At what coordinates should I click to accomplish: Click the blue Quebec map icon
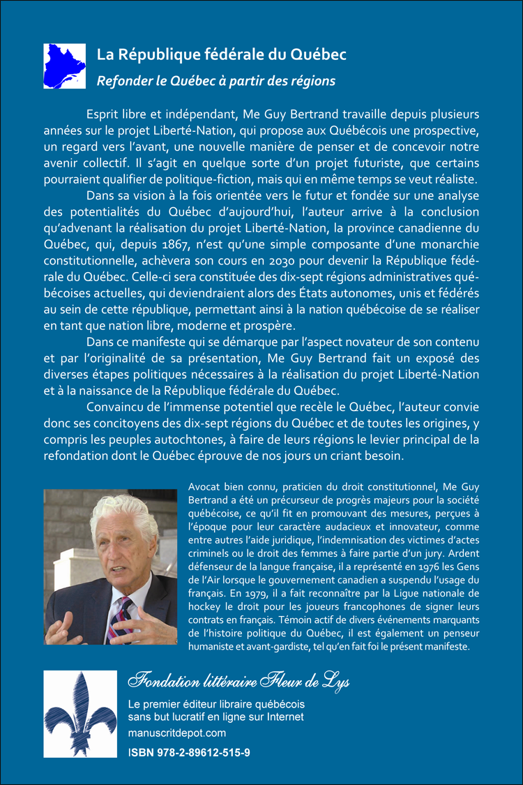[x=63, y=65]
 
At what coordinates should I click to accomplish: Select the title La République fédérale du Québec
[x=221, y=54]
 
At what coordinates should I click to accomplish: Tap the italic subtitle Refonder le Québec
[x=215, y=81]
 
